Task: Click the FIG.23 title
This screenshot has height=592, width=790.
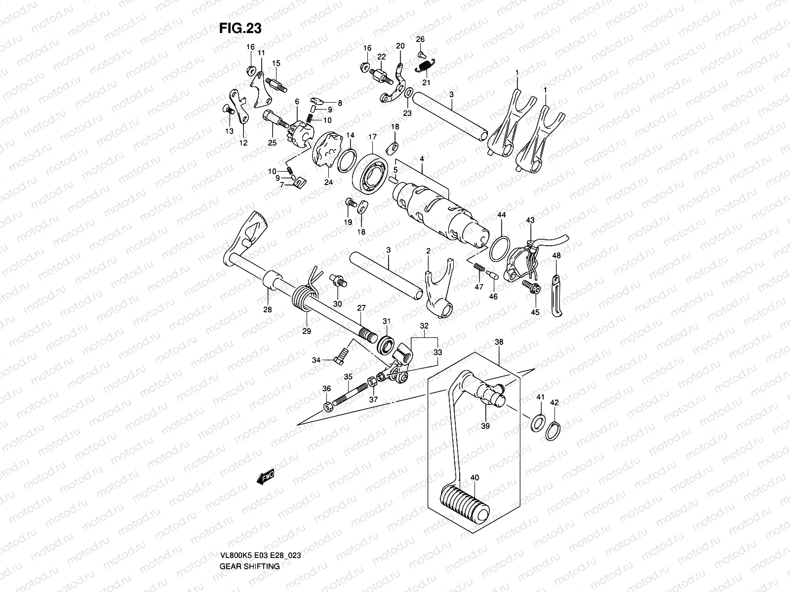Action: [240, 29]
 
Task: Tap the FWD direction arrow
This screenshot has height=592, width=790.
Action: [265, 478]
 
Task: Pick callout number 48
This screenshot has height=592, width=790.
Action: [556, 256]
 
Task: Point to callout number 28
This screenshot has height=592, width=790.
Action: [267, 310]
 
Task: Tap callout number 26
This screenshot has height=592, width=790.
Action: [420, 39]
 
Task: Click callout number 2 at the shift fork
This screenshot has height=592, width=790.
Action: [428, 252]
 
